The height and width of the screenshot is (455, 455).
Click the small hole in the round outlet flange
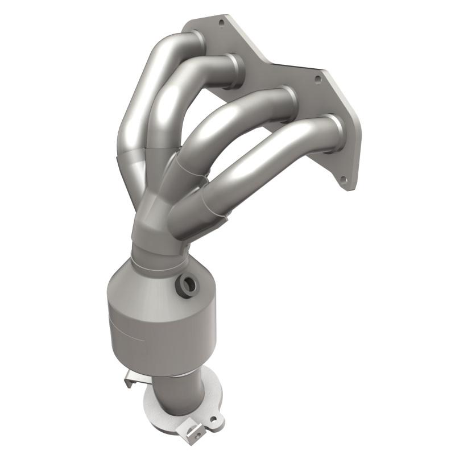point(214,421)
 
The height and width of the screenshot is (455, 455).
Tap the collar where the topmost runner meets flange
point(198,41)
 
